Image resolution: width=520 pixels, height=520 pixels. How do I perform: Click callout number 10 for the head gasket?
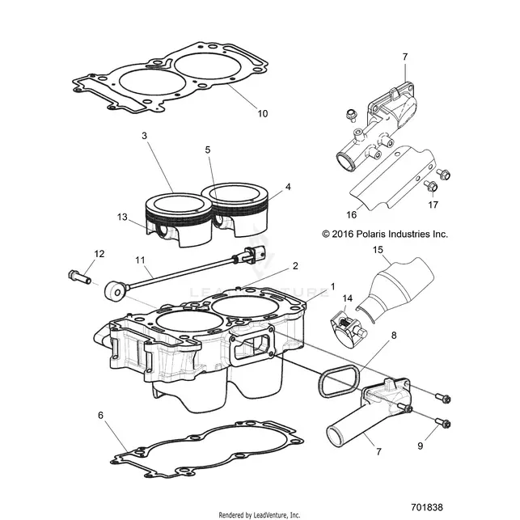tap(262, 114)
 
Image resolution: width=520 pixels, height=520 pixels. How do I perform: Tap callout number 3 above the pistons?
tap(144, 136)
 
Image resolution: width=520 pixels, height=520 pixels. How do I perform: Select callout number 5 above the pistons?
tap(208, 150)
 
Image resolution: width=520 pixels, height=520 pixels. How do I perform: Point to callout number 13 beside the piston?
tap(122, 217)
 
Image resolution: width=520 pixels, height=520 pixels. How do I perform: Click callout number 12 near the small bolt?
tap(99, 254)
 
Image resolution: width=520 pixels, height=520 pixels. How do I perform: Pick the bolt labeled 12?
tap(79, 277)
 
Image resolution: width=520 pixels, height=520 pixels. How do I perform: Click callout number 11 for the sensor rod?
tap(140, 260)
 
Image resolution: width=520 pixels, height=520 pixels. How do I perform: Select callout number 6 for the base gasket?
tap(101, 415)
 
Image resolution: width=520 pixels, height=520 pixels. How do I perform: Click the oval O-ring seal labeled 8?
tap(339, 380)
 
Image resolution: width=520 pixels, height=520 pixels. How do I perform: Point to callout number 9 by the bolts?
tap(421, 446)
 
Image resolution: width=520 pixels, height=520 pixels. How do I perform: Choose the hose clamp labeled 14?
tap(347, 329)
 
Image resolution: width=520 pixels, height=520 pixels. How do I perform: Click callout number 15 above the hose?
tap(378, 250)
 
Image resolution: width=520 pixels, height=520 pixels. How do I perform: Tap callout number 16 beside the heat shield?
tap(351, 215)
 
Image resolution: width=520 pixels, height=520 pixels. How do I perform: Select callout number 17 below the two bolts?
tap(433, 205)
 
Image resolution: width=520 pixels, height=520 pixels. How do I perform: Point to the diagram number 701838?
tap(426, 508)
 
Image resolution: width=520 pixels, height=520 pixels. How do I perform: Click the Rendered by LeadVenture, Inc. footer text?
tap(260, 514)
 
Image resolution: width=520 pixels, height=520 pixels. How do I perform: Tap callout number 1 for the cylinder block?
tap(332, 286)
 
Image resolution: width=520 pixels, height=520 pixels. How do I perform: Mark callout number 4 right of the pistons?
tap(288, 187)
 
